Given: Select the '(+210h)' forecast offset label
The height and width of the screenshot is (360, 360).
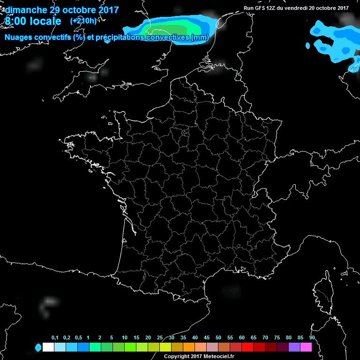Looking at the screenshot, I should coord(83,21).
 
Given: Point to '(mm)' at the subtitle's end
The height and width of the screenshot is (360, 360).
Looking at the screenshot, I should coord(199,37).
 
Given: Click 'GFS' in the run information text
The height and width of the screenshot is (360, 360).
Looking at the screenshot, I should coord(262,8).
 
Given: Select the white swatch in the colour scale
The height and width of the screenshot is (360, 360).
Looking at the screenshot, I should coord(48,347).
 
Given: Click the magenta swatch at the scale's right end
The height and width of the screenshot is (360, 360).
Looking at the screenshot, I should coord(306,347).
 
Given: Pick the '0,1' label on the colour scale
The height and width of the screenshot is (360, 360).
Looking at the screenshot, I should coord(55,338).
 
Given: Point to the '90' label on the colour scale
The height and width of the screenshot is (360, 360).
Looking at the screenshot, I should coord(312,338).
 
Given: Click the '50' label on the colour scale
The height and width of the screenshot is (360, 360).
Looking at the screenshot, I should coord(218,338).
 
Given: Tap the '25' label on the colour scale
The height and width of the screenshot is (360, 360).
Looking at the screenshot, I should coord(160,338).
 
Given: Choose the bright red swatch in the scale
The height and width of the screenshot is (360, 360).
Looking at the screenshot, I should coord(247,347).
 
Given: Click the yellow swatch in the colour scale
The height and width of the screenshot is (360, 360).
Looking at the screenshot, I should coord(165,347).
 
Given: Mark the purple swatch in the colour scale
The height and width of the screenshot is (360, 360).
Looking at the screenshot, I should coord(294,347).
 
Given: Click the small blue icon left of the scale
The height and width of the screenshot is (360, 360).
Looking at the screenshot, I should coord(38,347).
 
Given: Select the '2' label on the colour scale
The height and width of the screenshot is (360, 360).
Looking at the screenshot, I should coord(100,338).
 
